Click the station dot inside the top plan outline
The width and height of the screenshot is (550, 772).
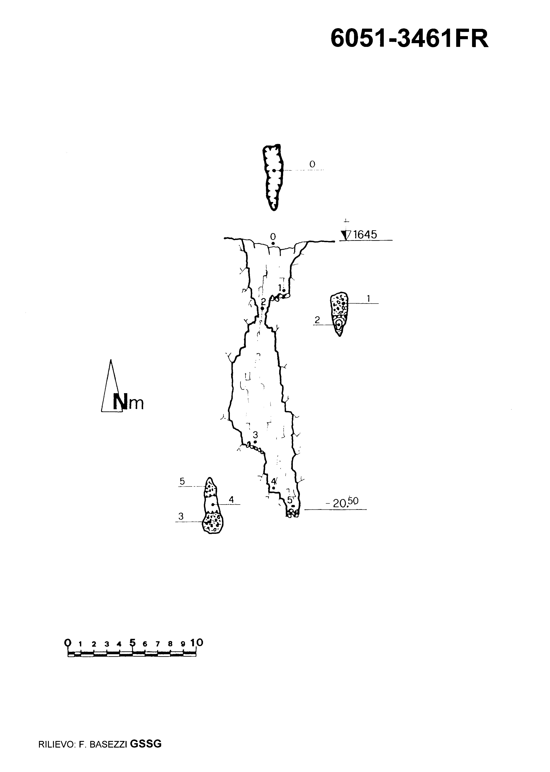click(x=274, y=170)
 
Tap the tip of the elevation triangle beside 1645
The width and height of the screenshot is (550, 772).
click(x=345, y=240)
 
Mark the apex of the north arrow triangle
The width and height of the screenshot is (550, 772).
click(x=111, y=360)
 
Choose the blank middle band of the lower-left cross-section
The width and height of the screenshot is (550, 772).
click(x=211, y=505)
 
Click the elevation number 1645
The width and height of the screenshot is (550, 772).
click(x=365, y=235)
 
